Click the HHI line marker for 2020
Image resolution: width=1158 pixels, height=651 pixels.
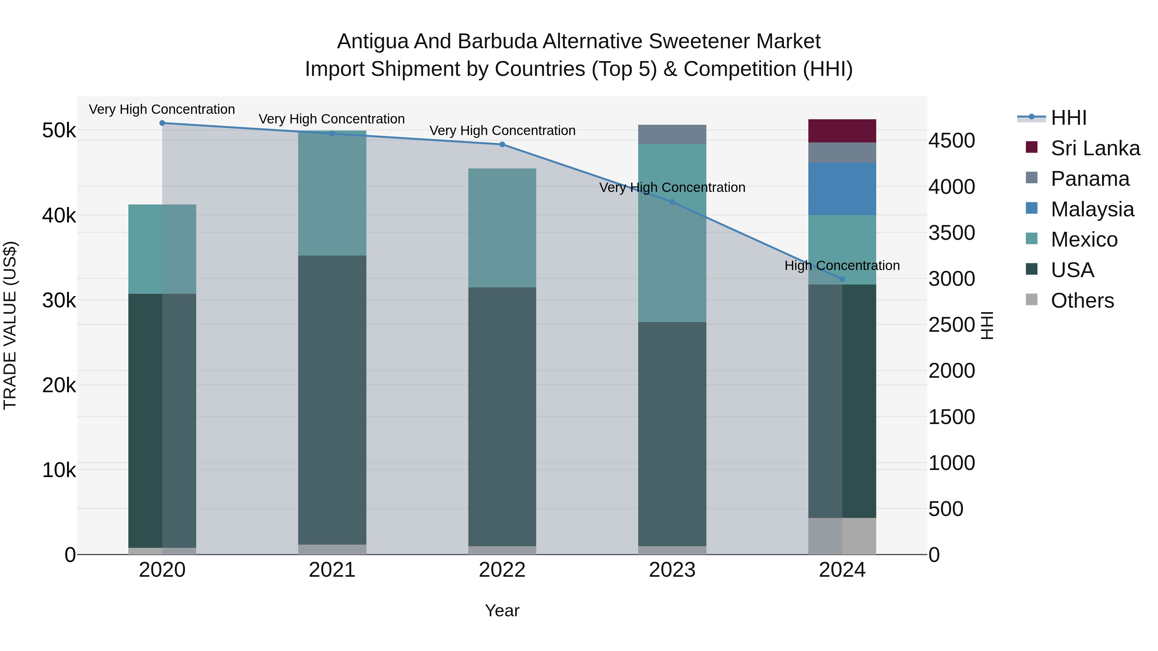[x=162, y=123]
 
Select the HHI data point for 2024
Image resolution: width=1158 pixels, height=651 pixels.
[x=842, y=279]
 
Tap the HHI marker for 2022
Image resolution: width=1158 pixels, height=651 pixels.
[x=502, y=144]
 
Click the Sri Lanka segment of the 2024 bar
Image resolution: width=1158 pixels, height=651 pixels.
[x=842, y=131]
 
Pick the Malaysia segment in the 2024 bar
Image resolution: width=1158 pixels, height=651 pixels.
[x=842, y=189]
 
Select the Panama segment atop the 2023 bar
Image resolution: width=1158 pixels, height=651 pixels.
[x=672, y=134]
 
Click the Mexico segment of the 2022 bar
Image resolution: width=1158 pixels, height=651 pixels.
[x=502, y=228]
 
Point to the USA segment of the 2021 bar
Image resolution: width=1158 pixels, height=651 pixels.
[x=332, y=400]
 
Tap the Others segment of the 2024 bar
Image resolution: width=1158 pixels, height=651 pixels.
[x=842, y=536]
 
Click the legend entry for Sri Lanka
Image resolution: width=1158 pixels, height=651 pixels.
[x=1095, y=148]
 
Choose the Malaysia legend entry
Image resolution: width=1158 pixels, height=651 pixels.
[x=1092, y=209]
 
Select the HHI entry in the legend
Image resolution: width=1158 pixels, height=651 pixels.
[x=1069, y=118]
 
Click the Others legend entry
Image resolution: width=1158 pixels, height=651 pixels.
[x=1082, y=301]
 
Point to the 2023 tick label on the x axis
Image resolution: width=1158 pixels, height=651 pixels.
[x=672, y=570]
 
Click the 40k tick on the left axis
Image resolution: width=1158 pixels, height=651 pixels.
[x=59, y=216]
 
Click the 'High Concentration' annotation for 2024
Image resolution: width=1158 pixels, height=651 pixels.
[x=842, y=266]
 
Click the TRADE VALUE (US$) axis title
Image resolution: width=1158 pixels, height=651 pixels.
[x=10, y=325]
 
